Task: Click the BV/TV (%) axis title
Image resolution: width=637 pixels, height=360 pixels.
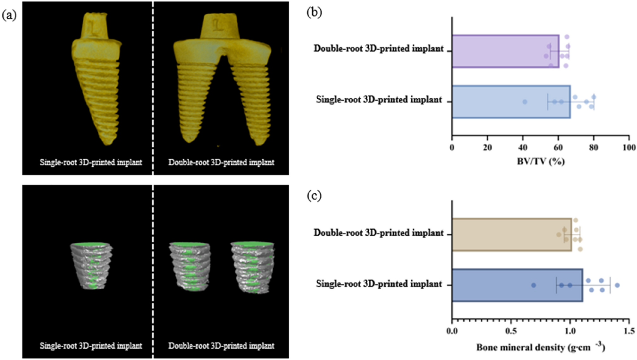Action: (x=541, y=162)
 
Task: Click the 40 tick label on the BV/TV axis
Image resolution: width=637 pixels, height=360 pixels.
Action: (x=523, y=147)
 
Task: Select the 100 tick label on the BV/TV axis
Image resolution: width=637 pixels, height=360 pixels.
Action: (x=629, y=147)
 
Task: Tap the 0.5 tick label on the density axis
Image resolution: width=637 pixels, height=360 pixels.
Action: (x=511, y=331)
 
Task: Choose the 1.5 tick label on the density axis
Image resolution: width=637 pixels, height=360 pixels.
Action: (x=629, y=331)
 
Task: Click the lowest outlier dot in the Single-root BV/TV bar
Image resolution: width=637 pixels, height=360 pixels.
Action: (x=525, y=102)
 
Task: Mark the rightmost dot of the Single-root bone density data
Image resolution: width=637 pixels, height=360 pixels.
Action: (x=617, y=285)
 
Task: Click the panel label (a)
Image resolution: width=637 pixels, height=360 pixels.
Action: (x=9, y=15)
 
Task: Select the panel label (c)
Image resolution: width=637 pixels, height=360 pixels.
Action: (x=314, y=196)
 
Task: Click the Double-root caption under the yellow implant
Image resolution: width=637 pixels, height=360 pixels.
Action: (x=221, y=162)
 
